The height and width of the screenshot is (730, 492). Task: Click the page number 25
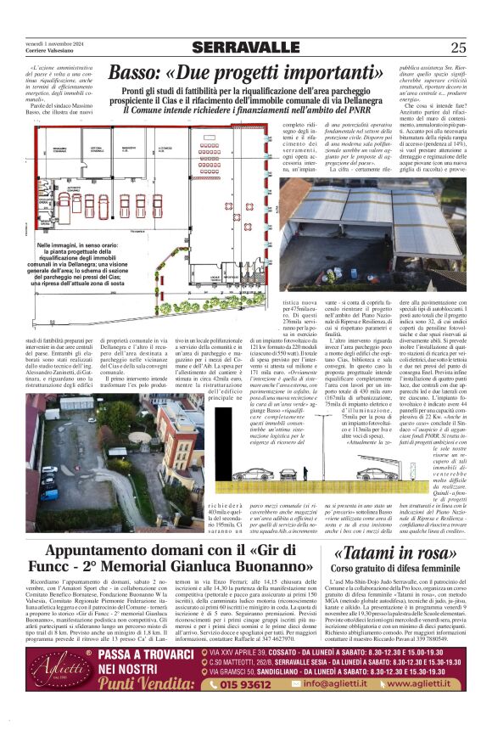point(458,48)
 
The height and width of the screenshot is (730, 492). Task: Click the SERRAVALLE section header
point(245,48)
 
